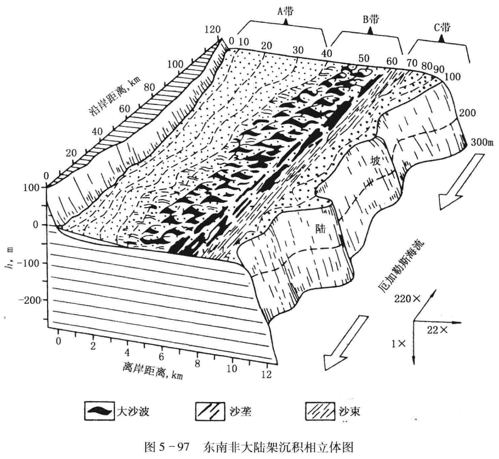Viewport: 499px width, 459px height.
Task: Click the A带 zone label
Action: click(x=285, y=12)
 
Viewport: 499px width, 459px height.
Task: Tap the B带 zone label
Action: click(x=371, y=19)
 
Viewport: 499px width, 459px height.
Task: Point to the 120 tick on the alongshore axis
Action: click(x=212, y=30)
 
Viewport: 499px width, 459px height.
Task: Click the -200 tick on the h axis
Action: click(x=29, y=300)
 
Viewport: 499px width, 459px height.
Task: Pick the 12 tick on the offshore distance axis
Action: click(x=266, y=374)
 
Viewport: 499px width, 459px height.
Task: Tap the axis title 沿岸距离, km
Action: click(x=115, y=96)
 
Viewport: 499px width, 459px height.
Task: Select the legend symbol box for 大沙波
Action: click(x=99, y=411)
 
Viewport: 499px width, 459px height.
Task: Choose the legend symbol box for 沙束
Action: click(x=320, y=411)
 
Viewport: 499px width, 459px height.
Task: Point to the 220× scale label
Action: click(x=407, y=299)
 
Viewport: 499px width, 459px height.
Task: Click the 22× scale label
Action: click(x=437, y=330)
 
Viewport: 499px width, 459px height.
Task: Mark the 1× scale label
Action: click(x=398, y=344)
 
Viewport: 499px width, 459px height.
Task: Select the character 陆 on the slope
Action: click(x=320, y=229)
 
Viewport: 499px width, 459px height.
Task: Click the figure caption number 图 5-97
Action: click(x=167, y=447)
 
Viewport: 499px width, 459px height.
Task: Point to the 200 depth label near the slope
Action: click(x=467, y=113)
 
